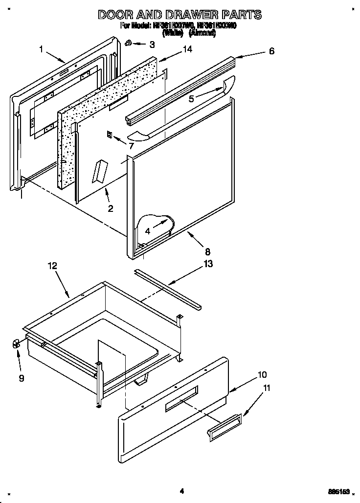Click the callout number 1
tap(42, 48)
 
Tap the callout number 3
tap(152, 45)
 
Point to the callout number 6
tap(271, 51)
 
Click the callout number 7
tap(131, 146)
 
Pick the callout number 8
tap(207, 252)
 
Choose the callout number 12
tap(52, 266)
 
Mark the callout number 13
tap(208, 265)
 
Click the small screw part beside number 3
tap(128, 43)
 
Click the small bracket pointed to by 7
tap(110, 135)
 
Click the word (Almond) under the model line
tap(202, 33)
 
